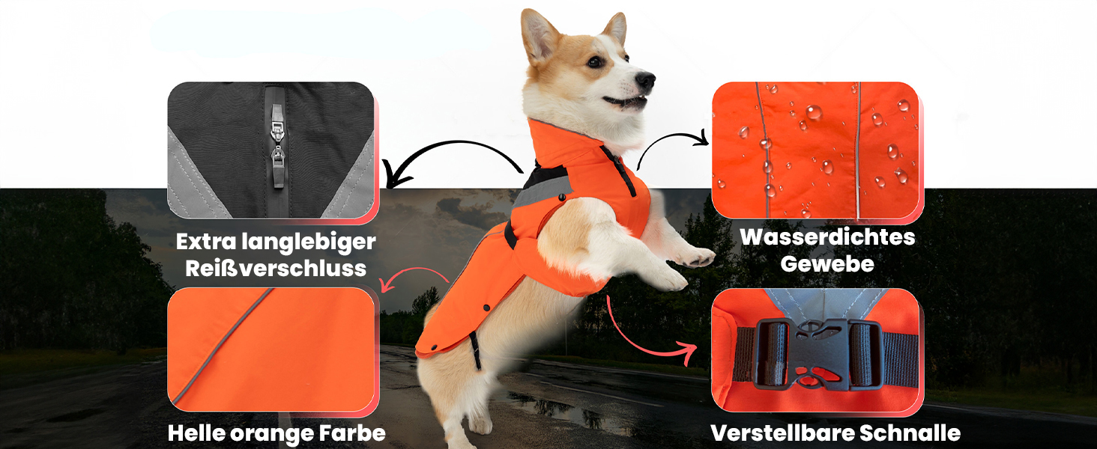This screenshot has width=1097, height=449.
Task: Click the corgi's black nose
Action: (x=645, y=80)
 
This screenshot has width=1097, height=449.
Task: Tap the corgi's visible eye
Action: (x=594, y=61)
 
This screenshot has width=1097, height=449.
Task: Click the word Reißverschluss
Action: (x=276, y=269)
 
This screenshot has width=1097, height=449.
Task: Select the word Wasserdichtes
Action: (x=827, y=237)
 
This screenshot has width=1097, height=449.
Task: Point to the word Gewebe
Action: (x=827, y=264)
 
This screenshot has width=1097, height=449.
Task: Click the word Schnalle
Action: (x=910, y=433)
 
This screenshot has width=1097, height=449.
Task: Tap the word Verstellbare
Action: (x=782, y=433)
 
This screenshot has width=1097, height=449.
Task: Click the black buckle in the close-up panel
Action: (x=818, y=355)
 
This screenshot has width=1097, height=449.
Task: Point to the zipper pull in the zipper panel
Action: (x=277, y=157)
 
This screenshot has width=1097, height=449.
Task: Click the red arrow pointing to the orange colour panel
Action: (x=414, y=269)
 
